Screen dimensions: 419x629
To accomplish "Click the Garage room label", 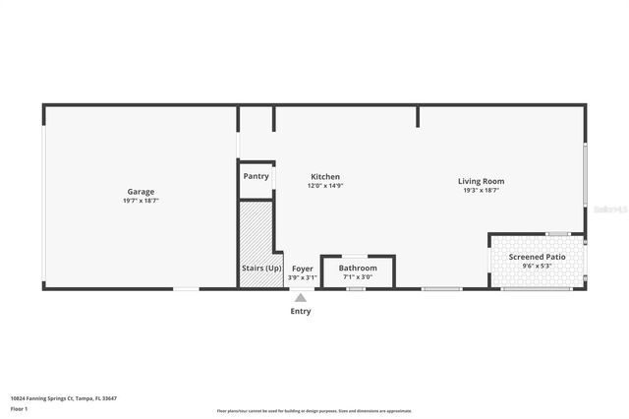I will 141,192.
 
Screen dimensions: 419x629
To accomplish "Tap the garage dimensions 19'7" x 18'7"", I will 141,201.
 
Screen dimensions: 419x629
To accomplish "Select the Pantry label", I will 256,176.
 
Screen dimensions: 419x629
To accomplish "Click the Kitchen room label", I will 325,177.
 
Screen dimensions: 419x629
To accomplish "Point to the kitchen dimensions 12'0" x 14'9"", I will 325,186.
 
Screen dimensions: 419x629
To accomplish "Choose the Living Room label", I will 481,181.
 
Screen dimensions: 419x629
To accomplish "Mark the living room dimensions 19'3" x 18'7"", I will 481,190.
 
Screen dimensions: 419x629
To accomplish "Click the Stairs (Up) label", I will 261,268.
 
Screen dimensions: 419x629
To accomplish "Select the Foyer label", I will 303,269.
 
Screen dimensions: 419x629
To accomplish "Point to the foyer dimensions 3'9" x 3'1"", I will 303,277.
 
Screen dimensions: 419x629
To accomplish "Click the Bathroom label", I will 358,268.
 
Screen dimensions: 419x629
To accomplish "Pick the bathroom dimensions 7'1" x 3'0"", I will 358,277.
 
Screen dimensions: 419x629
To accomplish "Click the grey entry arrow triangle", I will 301,298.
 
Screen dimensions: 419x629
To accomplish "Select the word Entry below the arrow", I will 301,312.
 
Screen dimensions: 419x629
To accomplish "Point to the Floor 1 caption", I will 19,407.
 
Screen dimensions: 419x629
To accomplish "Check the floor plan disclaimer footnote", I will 314,411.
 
